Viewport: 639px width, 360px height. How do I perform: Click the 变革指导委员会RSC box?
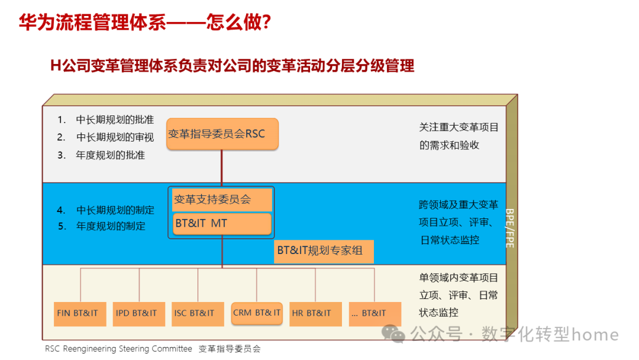[x=222, y=134]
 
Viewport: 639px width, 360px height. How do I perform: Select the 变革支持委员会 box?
[x=222, y=200]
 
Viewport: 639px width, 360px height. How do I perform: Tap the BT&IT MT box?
[x=222, y=224]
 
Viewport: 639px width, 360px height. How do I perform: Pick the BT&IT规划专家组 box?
[x=324, y=250]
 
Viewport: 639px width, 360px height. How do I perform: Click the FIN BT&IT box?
[x=77, y=313]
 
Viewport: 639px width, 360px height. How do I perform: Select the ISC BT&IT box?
[x=194, y=313]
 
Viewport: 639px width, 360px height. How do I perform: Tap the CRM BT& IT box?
[x=257, y=313]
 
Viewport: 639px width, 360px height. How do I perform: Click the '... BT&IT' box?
[x=375, y=313]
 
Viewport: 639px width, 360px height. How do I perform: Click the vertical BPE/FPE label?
[x=510, y=227]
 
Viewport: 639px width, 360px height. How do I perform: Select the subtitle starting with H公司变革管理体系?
[x=232, y=65]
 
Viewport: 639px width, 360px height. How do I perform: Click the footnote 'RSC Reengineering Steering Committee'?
[x=118, y=349]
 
